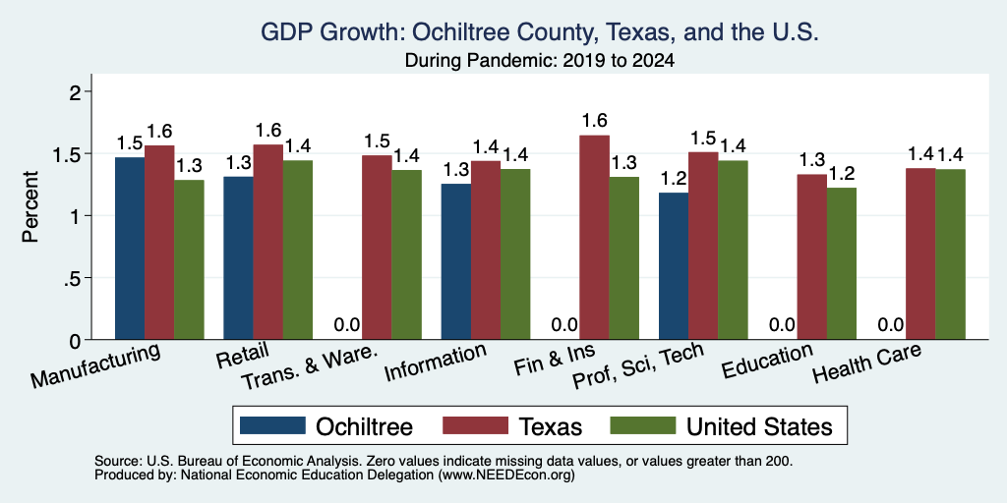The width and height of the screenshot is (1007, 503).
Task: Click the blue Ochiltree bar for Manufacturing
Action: pyautogui.click(x=130, y=249)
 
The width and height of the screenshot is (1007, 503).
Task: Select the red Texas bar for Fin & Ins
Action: pyautogui.click(x=595, y=238)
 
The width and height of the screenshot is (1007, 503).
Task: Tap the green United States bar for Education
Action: pyautogui.click(x=842, y=263)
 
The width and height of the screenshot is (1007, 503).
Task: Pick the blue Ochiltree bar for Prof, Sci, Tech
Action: pyautogui.click(x=674, y=266)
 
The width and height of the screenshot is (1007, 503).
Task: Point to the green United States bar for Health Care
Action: pyautogui.click(x=951, y=254)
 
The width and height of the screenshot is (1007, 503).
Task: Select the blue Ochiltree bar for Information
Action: pyautogui.click(x=456, y=261)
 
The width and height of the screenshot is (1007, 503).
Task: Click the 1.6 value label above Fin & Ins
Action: pyautogui.click(x=595, y=121)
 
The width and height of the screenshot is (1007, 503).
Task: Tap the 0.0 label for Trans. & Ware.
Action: pyautogui.click(x=347, y=324)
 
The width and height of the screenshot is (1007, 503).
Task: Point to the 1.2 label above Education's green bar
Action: pyautogui.click(x=842, y=173)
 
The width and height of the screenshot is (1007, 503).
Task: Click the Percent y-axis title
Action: pyautogui.click(x=30, y=206)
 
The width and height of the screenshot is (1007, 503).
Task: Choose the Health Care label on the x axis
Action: pyautogui.click(x=867, y=363)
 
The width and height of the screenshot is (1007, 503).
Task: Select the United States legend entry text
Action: pyautogui.click(x=759, y=426)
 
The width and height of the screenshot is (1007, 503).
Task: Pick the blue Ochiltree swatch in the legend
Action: pyautogui.click(x=273, y=425)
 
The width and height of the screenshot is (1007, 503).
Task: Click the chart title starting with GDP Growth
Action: pyautogui.click(x=540, y=32)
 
